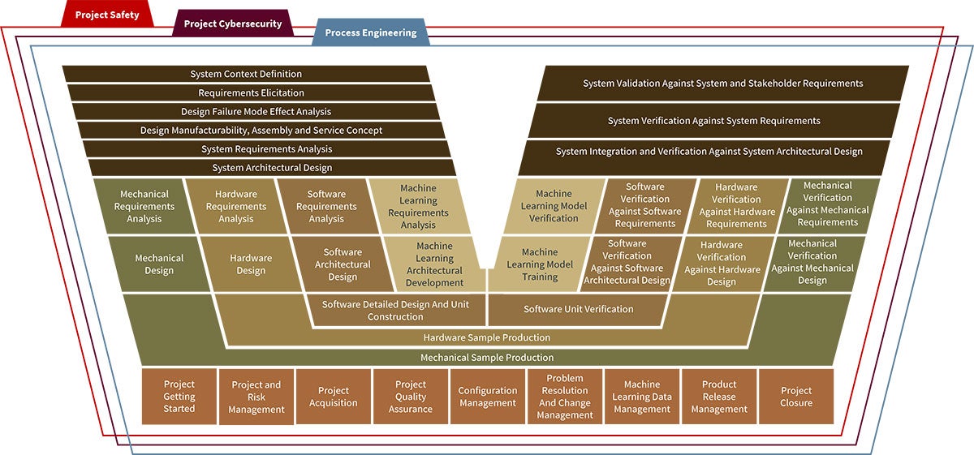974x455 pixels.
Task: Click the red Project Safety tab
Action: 107,15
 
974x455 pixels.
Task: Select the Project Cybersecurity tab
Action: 232,24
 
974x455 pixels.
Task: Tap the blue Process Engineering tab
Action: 370,33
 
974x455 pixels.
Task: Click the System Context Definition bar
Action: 246,74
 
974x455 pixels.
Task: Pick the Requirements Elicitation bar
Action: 251,92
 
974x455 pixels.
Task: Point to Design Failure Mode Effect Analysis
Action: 256,111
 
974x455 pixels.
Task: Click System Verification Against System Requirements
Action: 713,121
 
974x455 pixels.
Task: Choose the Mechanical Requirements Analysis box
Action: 144,206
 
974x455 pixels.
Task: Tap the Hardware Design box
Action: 251,264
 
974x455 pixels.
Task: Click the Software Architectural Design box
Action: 343,264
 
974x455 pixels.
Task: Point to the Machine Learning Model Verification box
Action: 554,206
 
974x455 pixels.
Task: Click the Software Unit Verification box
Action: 578,309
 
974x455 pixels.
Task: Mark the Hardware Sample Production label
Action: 486,337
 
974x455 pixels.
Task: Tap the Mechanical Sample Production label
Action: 486,358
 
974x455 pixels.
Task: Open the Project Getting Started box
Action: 179,397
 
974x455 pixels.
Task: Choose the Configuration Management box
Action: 487,397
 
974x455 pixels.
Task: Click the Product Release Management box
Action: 719,397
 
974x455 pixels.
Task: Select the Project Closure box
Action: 795,397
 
